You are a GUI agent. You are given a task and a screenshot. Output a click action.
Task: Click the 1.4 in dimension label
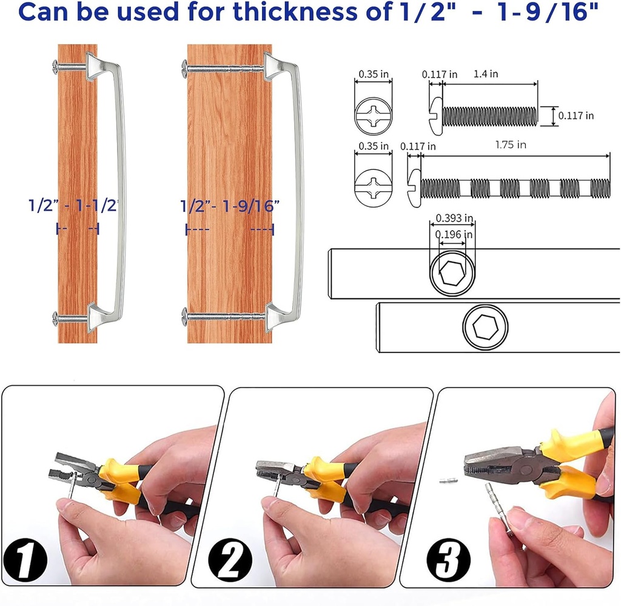(x=485, y=74)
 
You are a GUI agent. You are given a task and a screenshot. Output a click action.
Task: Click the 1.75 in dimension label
(x=510, y=145)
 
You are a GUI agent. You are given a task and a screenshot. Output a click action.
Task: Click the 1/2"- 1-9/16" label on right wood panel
(x=230, y=206)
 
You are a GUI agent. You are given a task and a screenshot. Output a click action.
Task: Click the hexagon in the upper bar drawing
(x=452, y=273)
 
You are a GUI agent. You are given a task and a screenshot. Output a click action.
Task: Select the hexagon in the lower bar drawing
(x=485, y=328)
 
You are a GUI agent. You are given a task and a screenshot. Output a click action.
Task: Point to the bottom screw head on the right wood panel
(x=186, y=314)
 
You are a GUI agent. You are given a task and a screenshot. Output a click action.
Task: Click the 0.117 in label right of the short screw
(x=576, y=115)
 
